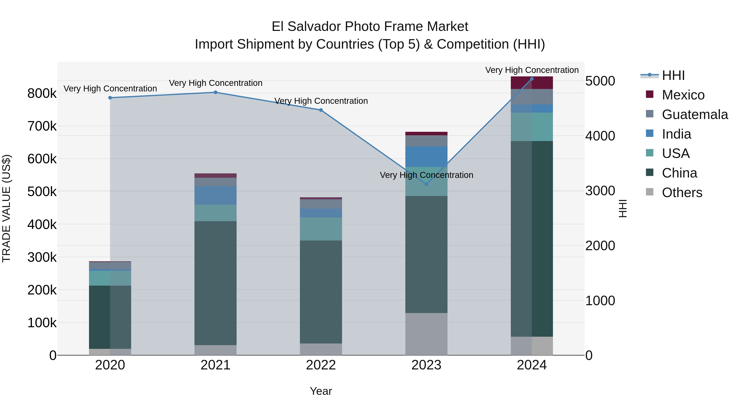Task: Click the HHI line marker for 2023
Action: pos(426,184)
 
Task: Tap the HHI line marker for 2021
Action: pos(215,92)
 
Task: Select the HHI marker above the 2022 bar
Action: pos(321,110)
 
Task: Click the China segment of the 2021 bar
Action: pos(215,283)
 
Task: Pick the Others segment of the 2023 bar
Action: pos(426,334)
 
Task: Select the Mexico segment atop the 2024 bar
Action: pos(532,83)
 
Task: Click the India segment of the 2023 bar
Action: pos(426,157)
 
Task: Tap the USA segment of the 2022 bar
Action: pos(321,229)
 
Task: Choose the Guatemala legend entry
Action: pos(695,114)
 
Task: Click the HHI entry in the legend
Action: pos(673,75)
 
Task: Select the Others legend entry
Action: pos(682,193)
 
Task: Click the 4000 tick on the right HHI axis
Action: pos(600,136)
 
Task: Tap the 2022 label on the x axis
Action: pos(321,365)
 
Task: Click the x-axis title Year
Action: pos(321,391)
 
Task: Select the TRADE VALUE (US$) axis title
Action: pos(6,208)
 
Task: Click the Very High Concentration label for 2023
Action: pos(426,175)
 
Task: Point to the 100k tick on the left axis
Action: pos(42,323)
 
